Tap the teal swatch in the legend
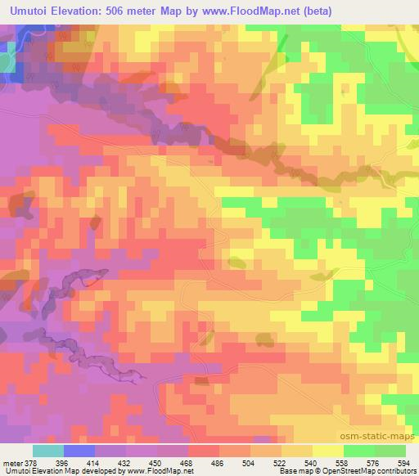48,451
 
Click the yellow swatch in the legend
328,451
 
